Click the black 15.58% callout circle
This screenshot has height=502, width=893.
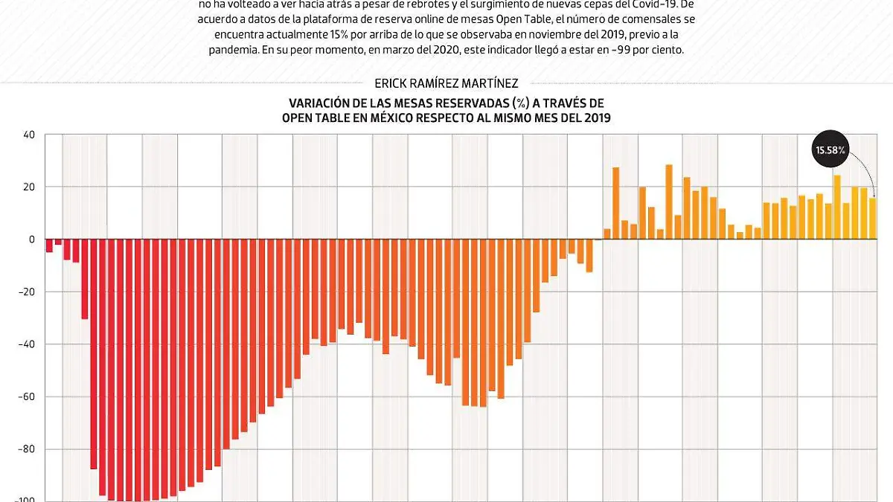(830, 150)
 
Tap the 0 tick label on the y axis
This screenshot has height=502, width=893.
(32, 239)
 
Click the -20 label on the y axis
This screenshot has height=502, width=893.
(28, 292)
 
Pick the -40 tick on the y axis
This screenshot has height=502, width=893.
(28, 344)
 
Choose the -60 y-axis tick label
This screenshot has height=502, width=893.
(28, 396)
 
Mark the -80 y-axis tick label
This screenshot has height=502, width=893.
(28, 449)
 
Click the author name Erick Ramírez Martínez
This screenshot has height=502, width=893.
(446, 84)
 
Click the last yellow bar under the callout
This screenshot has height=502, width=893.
(873, 219)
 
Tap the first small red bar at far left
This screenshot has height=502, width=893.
(49, 245)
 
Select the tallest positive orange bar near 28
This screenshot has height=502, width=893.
(669, 202)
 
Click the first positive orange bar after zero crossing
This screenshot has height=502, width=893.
(607, 234)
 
